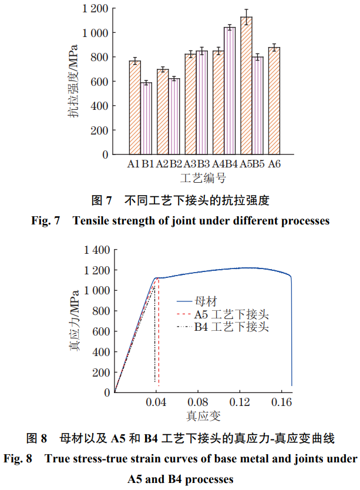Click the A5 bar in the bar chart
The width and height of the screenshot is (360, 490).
click(x=246, y=86)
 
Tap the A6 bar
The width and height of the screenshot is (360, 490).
click(x=274, y=101)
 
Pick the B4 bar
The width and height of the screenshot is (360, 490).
click(x=230, y=91)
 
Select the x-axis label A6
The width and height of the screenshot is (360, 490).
click(x=274, y=165)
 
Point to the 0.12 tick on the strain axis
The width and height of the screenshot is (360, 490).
click(x=240, y=402)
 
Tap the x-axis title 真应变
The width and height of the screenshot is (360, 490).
click(x=203, y=417)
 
